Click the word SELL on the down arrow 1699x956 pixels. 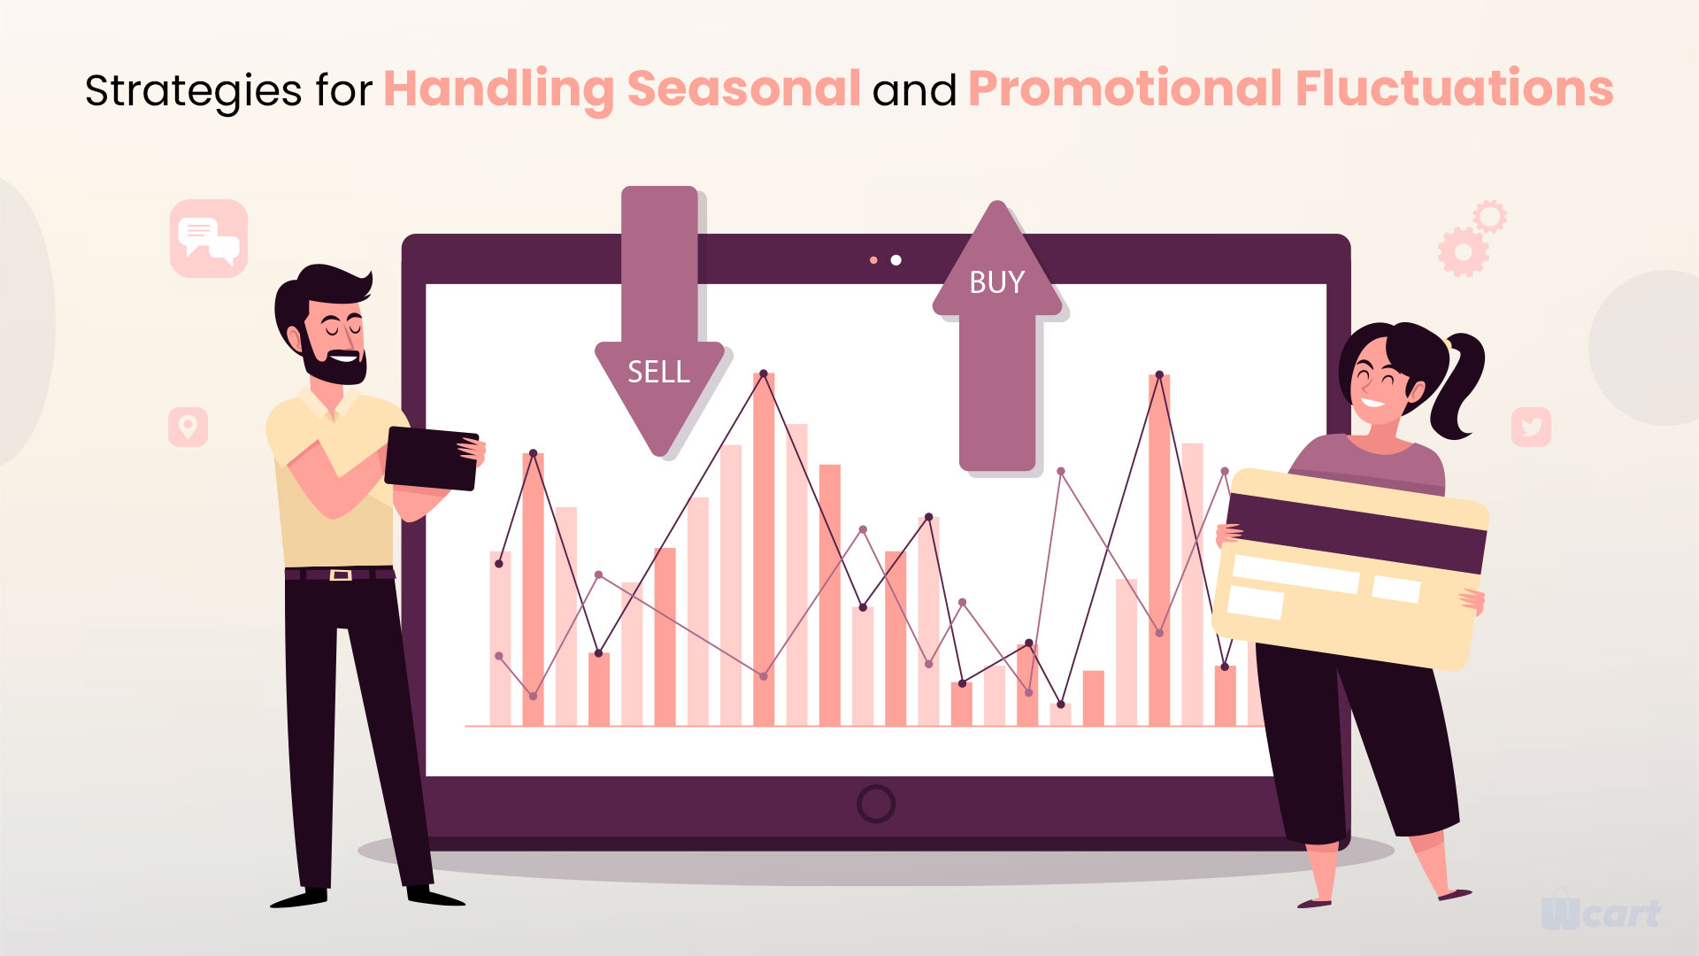point(658,372)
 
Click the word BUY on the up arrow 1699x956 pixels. point(996,282)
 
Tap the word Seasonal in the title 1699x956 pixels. point(743,89)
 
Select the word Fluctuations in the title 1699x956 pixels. point(1455,89)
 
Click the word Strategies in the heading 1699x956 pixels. point(194,92)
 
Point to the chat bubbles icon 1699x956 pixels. point(209,239)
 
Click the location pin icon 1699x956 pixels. point(188,427)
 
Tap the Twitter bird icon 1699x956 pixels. point(1531,427)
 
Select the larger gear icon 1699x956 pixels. point(1463,252)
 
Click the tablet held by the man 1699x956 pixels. point(432,459)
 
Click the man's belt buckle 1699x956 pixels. point(341,574)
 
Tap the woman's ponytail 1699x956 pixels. point(1460,382)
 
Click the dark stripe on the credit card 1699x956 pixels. point(1356,532)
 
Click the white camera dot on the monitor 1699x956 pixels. point(896,259)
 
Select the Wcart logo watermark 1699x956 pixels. point(1601,913)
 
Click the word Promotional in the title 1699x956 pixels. point(1126,89)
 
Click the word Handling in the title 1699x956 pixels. point(498,90)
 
